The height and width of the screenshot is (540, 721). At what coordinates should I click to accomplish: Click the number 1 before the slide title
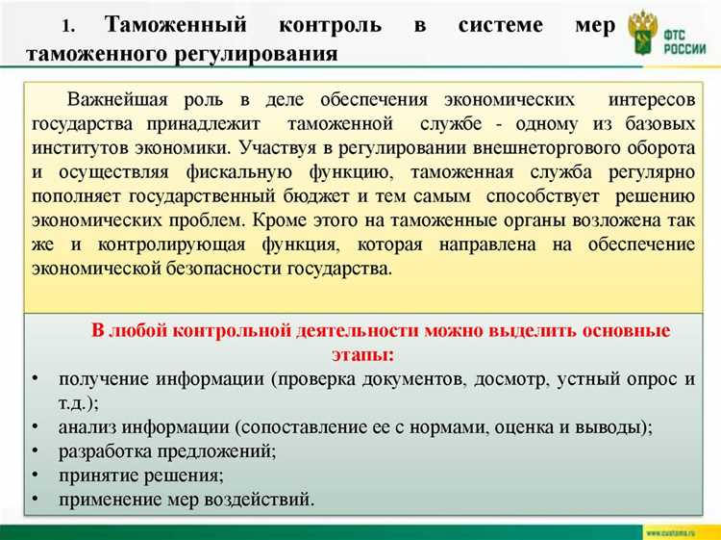67,26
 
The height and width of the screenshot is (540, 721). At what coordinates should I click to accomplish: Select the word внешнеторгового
561,148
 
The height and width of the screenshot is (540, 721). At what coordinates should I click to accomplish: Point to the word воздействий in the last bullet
265,500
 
